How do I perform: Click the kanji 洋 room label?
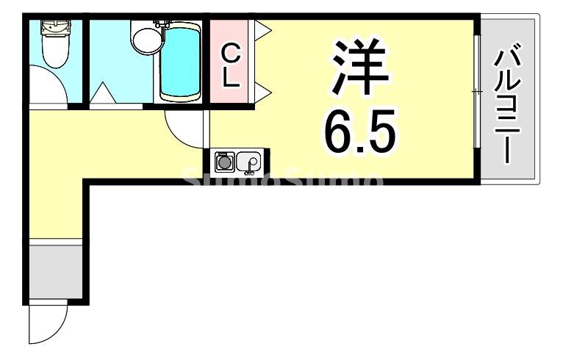pos(359,65)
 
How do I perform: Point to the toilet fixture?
pos(53,48)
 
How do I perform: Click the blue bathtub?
pos(181,63)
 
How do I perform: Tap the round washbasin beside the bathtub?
pos(145,37)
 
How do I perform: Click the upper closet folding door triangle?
pos(262,31)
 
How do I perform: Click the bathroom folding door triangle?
pos(102,94)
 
